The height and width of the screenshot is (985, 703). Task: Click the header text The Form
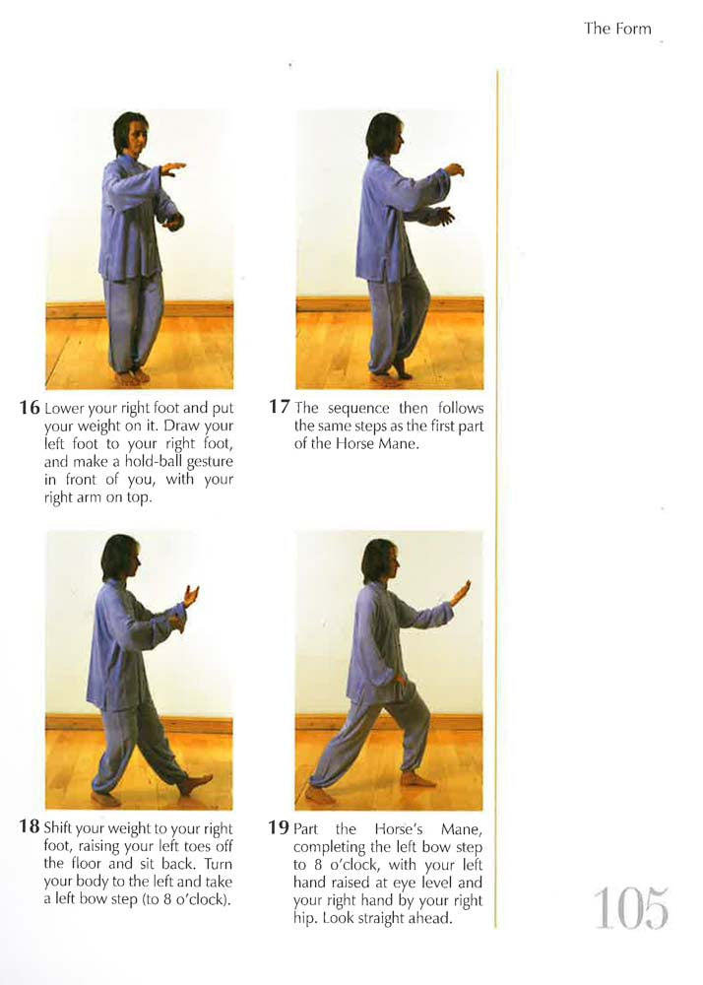click(x=617, y=29)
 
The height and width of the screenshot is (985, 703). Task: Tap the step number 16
click(x=30, y=408)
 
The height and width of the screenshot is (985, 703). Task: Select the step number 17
click(x=280, y=407)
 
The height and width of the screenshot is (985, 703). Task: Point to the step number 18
click(x=30, y=827)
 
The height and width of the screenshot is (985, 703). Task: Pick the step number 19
click(x=280, y=827)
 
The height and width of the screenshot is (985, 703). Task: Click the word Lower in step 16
click(x=65, y=408)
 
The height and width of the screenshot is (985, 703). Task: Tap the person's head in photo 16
click(x=129, y=133)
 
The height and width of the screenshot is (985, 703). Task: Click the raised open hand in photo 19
click(x=461, y=592)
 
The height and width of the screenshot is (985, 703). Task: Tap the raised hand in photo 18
click(x=190, y=595)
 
